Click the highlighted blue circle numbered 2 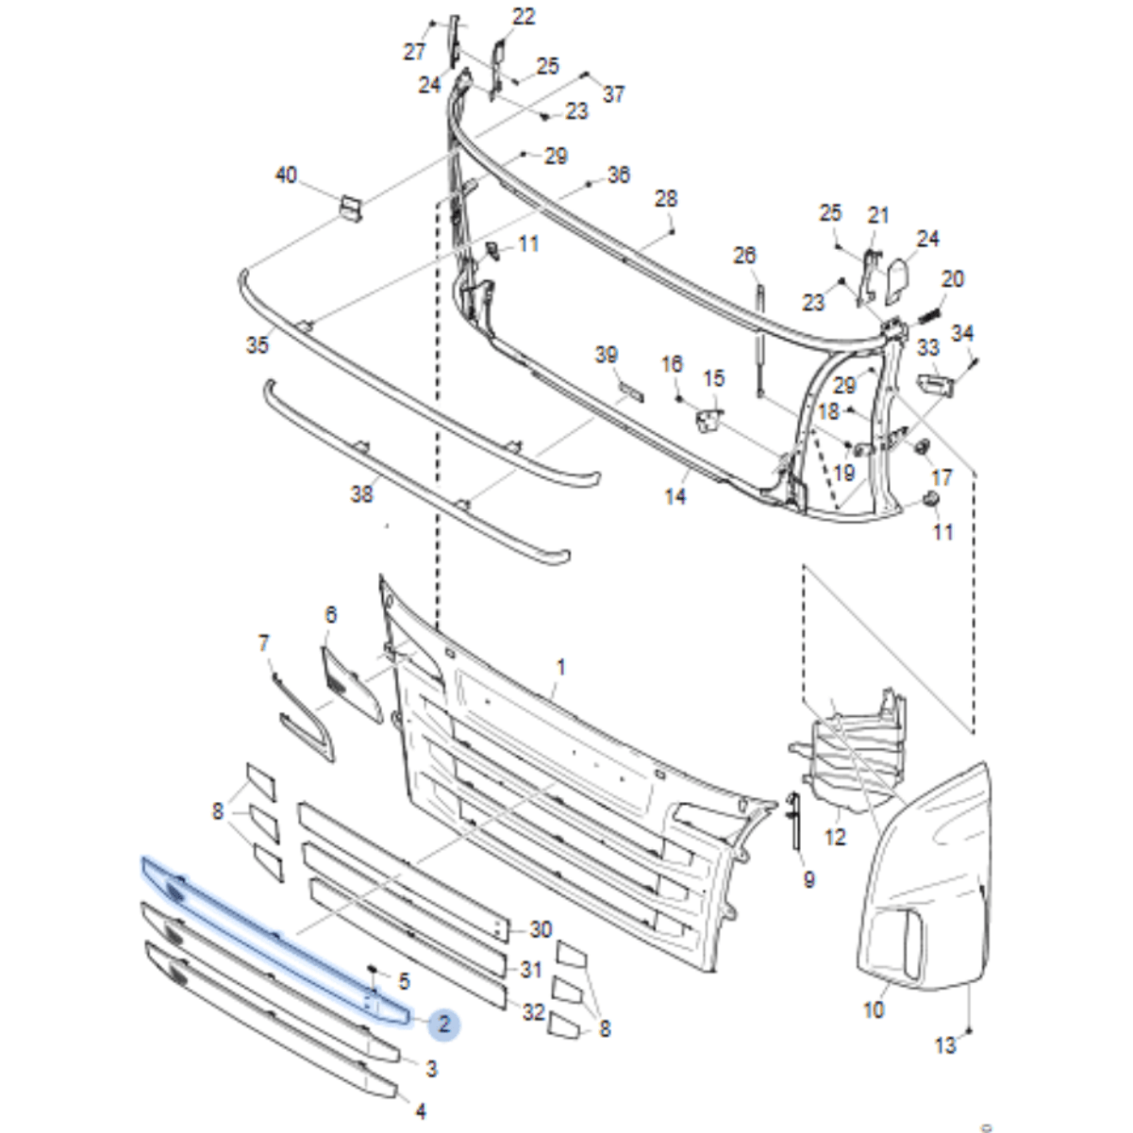[x=444, y=1024]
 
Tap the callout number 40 [x=287, y=175]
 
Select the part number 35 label [x=258, y=345]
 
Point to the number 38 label [x=361, y=494]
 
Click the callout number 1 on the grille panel [x=561, y=667]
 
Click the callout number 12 [x=835, y=837]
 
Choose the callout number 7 [x=263, y=642]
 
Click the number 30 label [x=541, y=929]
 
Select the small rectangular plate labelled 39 [x=631, y=391]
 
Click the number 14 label [x=675, y=496]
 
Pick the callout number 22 [x=524, y=16]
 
